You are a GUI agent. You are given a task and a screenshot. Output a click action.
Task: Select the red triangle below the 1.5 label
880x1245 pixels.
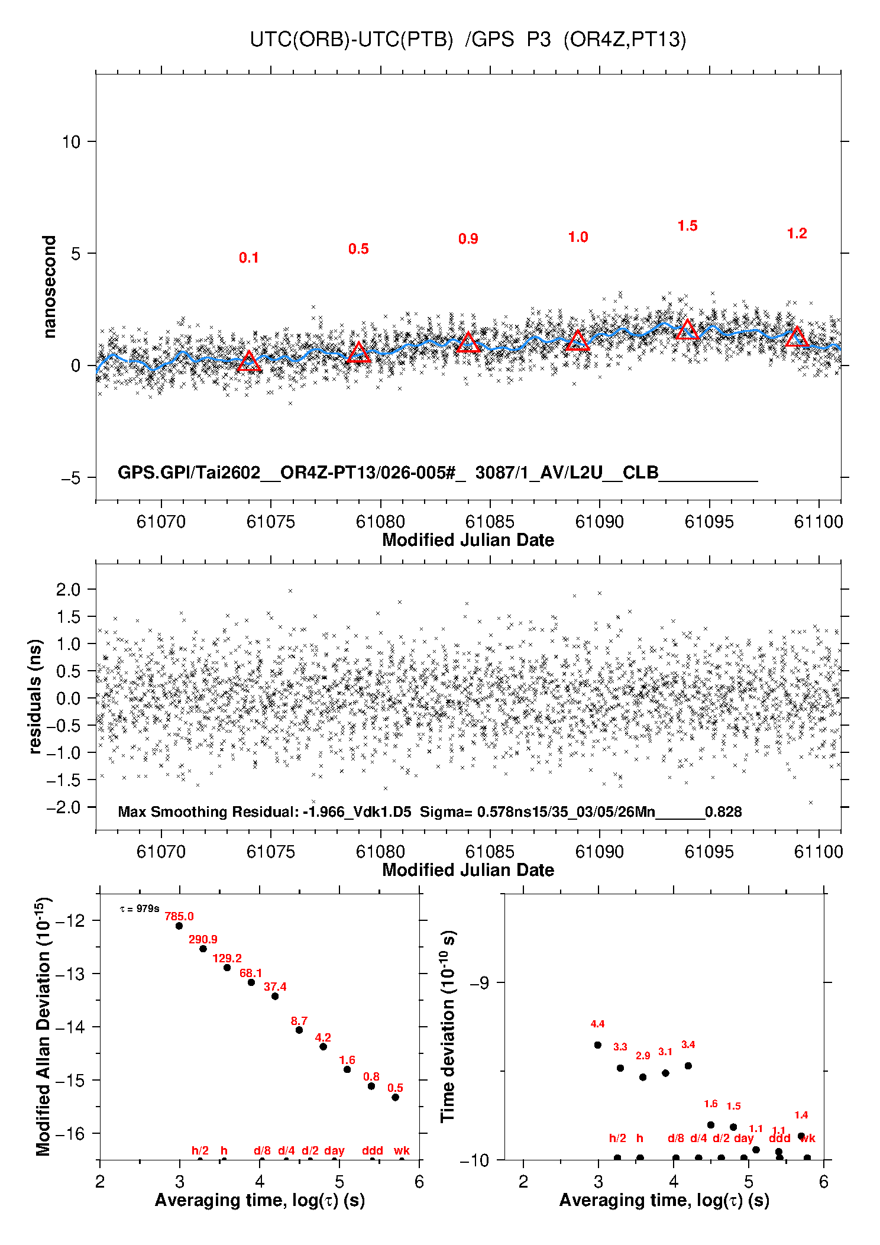687,330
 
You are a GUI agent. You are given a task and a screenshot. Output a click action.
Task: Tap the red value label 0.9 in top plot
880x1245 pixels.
468,239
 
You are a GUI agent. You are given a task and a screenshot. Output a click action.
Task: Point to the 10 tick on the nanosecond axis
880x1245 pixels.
71,142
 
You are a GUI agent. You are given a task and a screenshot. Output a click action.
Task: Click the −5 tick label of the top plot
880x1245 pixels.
70,478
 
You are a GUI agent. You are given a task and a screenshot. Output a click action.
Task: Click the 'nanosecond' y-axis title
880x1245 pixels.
49,287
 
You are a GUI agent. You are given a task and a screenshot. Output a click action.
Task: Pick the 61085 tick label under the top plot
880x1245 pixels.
490,522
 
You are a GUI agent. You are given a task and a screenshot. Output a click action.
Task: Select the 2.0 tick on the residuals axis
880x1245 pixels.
68,589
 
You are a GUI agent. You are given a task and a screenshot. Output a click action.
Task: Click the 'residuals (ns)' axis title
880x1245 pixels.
35,696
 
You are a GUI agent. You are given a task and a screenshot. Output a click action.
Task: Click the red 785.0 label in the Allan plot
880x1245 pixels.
179,917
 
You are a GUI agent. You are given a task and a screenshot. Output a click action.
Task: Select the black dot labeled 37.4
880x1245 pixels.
275,996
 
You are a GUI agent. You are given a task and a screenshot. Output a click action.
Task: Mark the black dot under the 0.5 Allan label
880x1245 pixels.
395,1097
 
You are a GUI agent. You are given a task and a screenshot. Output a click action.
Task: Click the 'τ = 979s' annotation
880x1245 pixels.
140,908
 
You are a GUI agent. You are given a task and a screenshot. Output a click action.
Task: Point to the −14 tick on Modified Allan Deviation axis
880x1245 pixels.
70,1027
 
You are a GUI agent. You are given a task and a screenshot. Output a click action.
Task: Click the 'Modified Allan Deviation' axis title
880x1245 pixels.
43,1026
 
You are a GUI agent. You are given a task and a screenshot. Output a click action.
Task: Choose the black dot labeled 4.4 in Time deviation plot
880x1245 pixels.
597,1045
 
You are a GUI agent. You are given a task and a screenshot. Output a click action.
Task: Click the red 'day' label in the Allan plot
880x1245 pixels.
334,1150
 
